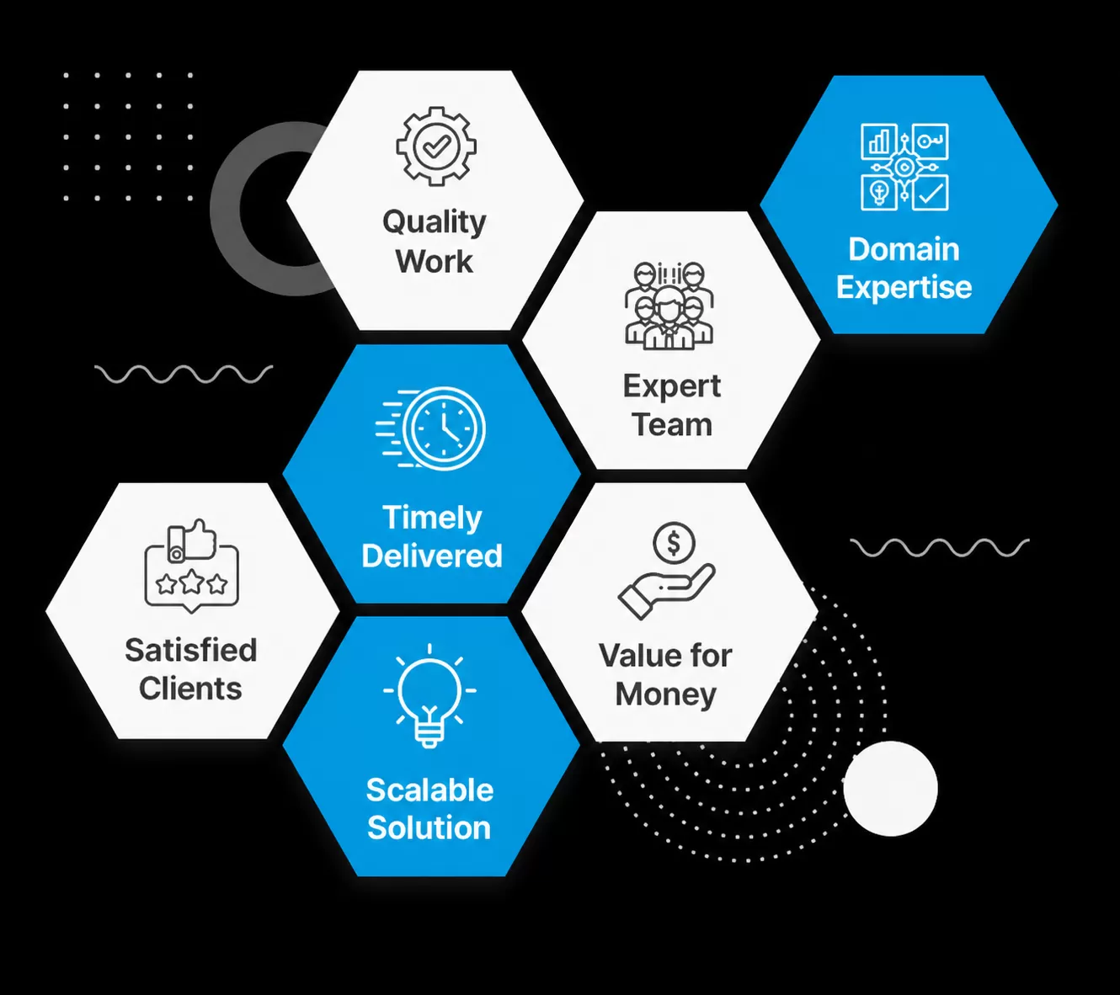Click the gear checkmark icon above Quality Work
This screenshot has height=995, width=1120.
tap(436, 146)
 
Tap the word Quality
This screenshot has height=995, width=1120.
tap(435, 223)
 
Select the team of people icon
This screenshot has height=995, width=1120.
tap(669, 306)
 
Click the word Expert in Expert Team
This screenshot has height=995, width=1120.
tap(672, 386)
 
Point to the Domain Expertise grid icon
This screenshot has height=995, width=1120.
tap(904, 167)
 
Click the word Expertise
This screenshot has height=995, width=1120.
tap(904, 287)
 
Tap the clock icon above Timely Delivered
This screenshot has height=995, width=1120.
tap(430, 428)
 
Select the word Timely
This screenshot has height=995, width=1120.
tap(432, 519)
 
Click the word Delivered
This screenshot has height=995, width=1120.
tap(432, 556)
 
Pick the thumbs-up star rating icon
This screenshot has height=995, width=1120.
tap(191, 566)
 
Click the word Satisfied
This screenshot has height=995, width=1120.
tap(190, 650)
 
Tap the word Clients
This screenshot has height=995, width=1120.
tap(190, 689)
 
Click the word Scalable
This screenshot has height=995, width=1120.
tap(429, 790)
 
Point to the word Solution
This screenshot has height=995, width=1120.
tap(429, 827)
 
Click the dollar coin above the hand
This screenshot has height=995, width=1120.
tap(674, 543)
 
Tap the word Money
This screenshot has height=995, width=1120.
tap(666, 694)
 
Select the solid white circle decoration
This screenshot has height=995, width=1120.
tap(890, 788)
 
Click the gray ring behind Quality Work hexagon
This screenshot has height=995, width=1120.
tap(227, 209)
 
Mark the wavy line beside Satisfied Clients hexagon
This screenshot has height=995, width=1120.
tap(184, 374)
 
